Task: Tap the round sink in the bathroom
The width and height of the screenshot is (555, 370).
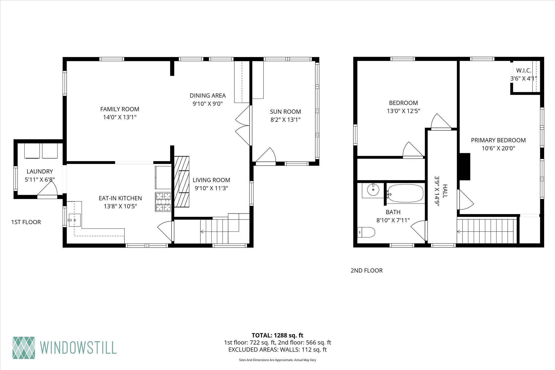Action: (373, 189)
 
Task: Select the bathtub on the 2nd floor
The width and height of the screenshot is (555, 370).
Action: (405, 194)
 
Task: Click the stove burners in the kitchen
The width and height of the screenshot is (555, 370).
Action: (163, 202)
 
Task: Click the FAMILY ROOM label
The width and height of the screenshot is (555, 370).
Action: (120, 109)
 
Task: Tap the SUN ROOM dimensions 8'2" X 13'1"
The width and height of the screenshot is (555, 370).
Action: (285, 120)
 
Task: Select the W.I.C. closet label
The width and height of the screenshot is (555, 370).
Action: (524, 71)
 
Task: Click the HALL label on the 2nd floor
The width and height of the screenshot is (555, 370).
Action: (445, 191)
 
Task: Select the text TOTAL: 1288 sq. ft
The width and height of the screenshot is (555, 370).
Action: (277, 335)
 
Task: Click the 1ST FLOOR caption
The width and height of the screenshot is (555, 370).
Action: (26, 222)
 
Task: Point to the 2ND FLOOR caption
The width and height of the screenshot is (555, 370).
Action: (367, 270)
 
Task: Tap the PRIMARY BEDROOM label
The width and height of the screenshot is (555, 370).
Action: (498, 140)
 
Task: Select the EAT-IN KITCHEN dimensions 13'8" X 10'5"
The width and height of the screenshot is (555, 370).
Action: (120, 206)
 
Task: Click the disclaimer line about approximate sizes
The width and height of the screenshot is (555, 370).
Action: (277, 360)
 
